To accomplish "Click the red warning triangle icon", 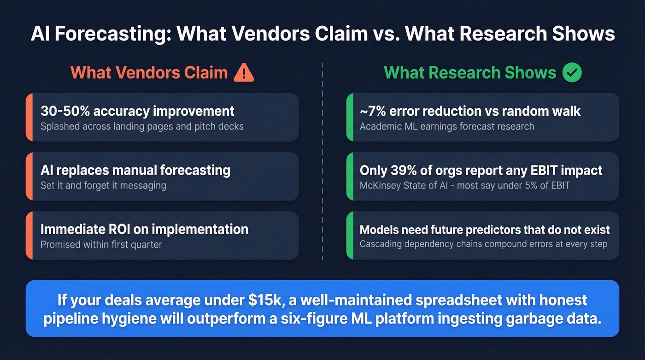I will (244, 73).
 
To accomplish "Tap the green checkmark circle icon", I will (572, 73).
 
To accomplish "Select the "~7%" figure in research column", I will (372, 111).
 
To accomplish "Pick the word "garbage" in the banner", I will (531, 319).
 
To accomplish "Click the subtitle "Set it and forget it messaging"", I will (103, 186).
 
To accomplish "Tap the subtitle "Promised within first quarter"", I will (101, 244).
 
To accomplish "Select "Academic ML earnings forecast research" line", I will (447, 126).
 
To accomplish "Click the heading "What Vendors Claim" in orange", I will (149, 73).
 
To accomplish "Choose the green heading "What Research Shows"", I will (470, 73).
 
